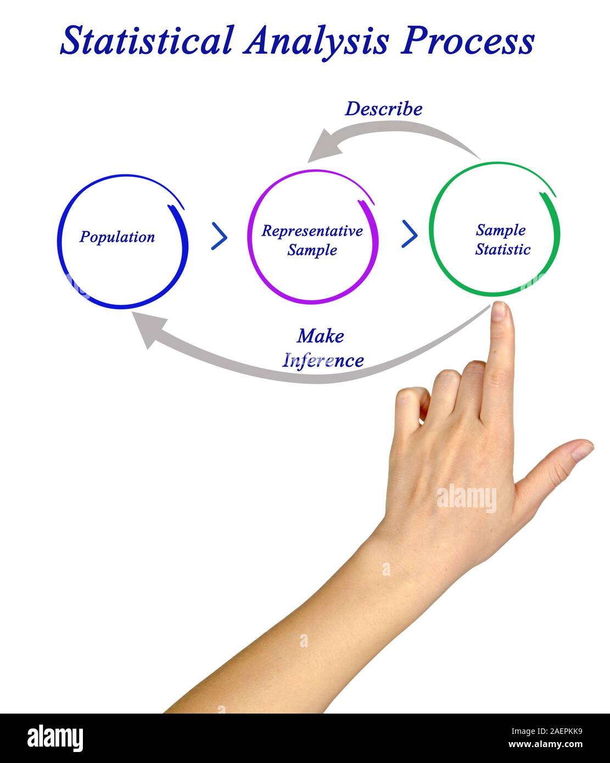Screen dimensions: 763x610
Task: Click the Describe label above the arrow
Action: pos(383,109)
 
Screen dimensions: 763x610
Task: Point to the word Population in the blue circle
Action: pos(117,237)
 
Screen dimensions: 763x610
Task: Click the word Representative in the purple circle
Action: pos(312,231)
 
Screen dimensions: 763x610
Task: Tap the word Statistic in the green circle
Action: pos(503,249)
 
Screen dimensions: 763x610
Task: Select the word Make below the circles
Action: pos(320,335)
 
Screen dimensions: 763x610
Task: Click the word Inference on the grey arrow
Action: pos(323,360)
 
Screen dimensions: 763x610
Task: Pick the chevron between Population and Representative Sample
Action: pos(219,237)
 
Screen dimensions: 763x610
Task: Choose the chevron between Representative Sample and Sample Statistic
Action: pos(410,234)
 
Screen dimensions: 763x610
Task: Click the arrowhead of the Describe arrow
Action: pos(320,146)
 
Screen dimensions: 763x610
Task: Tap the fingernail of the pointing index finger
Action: pos(499,311)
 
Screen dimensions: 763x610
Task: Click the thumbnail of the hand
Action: pos(582,451)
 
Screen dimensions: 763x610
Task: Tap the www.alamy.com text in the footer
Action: pos(545,745)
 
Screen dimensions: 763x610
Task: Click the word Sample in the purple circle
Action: pos(312,250)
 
